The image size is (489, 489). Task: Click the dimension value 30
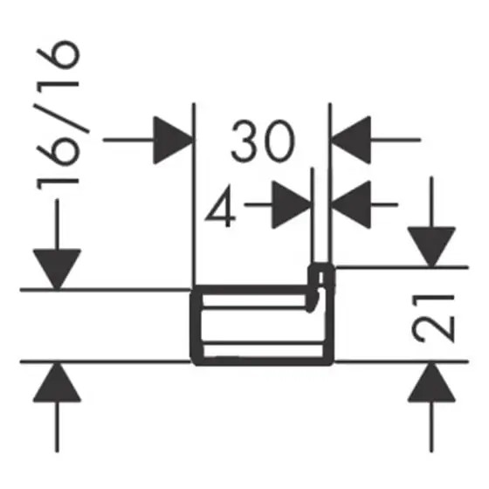[263, 141]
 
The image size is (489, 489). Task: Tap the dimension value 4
[221, 206]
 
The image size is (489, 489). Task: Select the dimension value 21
[432, 318]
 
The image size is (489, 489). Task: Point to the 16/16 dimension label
[58, 115]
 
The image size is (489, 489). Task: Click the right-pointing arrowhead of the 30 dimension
[173, 140]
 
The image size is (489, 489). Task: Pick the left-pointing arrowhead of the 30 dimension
[351, 140]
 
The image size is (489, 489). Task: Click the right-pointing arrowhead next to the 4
[292, 204]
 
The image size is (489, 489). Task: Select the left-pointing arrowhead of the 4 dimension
[351, 204]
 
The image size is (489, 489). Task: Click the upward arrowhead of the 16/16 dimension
[57, 382]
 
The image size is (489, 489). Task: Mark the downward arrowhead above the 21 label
[431, 247]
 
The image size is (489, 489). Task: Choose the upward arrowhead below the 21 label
[431, 382]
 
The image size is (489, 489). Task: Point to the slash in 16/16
[62, 117]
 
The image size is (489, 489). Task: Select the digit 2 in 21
[432, 331]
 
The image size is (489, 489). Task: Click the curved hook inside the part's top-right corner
[314, 300]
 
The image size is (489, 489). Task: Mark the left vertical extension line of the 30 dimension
[194, 194]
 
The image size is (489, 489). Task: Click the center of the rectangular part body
[262, 325]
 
